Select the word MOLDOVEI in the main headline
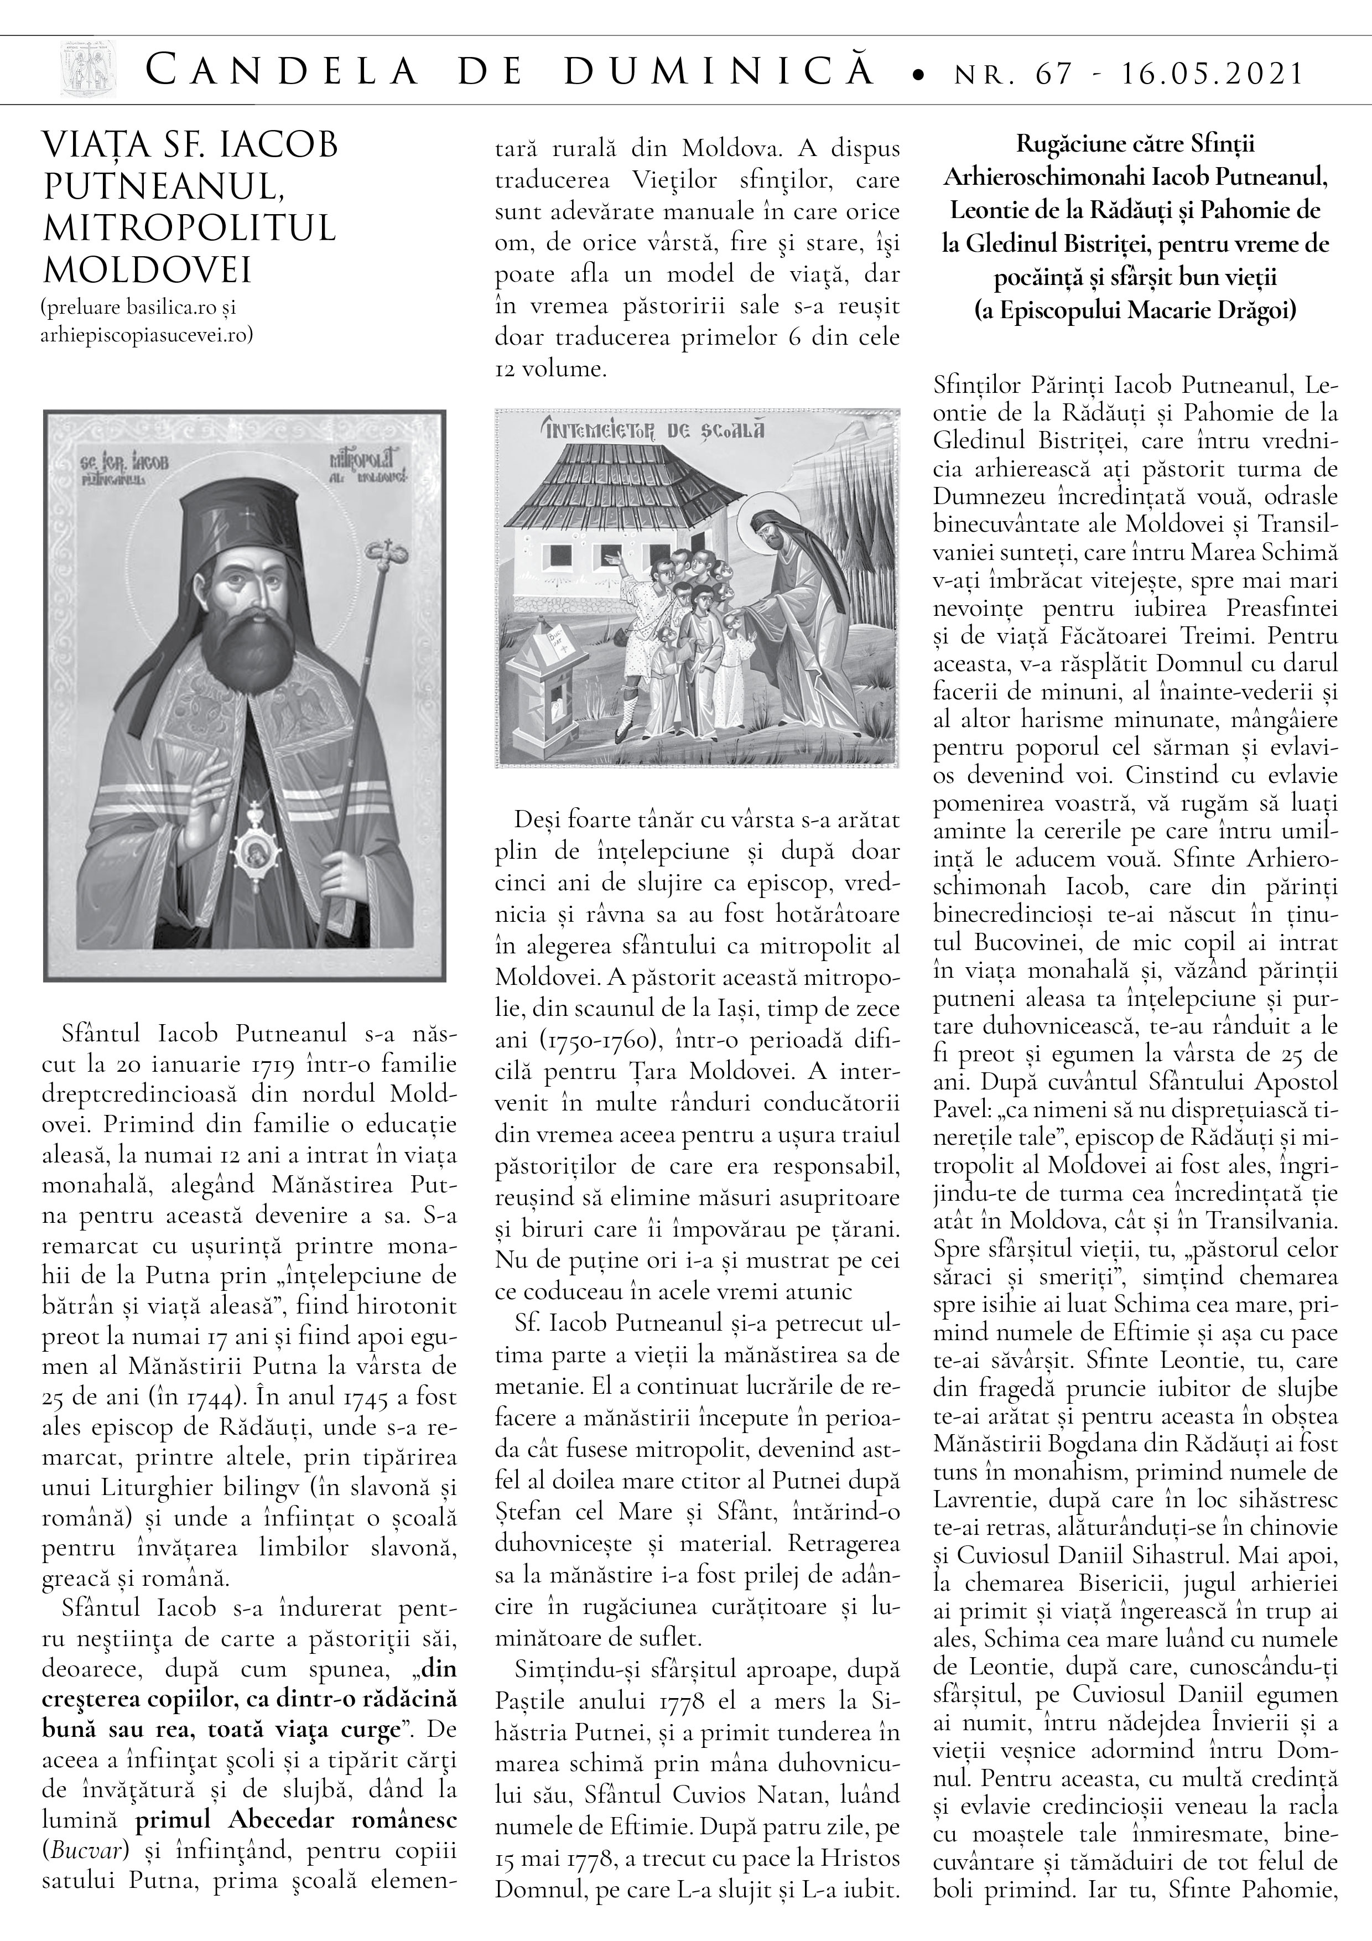coord(147,271)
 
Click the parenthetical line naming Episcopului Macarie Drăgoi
coord(1135,311)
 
